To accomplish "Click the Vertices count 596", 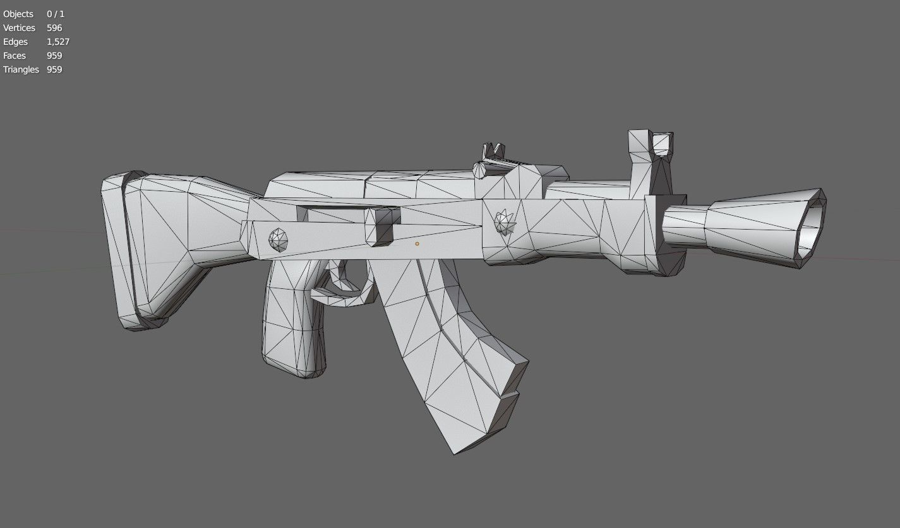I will tap(54, 28).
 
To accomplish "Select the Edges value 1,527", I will tap(58, 42).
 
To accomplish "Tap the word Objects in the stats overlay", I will tap(18, 14).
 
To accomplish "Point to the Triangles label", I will tap(21, 69).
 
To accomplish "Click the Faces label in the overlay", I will tap(15, 56).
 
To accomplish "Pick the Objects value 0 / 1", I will tap(56, 14).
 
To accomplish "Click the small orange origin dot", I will tap(417, 243).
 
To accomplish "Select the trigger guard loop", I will tap(344, 293).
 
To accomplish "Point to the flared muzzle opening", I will tap(812, 227).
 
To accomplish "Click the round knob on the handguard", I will tap(505, 222).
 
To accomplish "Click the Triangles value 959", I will tap(54, 69).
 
